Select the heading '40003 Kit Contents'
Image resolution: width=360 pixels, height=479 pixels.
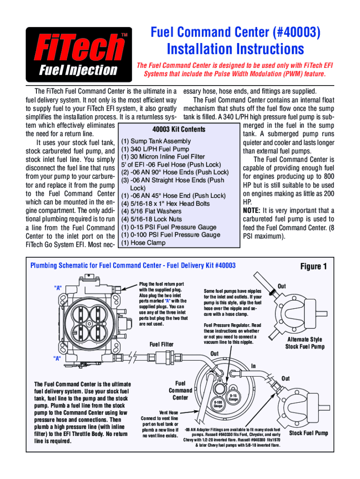coord(179,129)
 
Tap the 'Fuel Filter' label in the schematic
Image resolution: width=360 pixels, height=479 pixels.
coord(161,344)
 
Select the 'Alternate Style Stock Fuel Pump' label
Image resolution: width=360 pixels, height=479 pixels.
coord(304,343)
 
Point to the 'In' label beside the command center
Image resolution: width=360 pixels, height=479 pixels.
coord(253,365)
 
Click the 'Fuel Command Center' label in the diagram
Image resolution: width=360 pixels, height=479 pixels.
coord(180,390)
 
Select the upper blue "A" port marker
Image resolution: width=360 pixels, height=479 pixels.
coord(58,287)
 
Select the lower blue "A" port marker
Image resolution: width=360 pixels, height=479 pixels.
coord(58,358)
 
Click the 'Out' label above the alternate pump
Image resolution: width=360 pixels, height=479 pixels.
coord(282,286)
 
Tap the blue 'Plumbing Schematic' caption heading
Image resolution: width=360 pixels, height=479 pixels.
coord(133,266)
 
